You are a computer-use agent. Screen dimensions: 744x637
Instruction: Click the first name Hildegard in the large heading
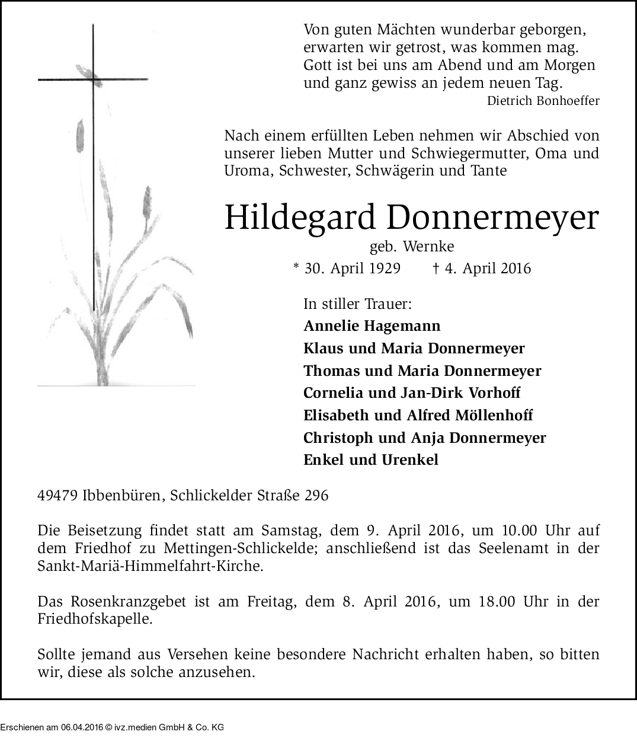300,218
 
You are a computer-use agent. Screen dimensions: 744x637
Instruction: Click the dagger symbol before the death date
436,269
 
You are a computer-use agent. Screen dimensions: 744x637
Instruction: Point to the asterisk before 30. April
296,267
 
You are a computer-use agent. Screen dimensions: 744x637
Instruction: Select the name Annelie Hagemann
372,326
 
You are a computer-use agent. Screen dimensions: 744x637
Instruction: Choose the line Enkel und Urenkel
371,460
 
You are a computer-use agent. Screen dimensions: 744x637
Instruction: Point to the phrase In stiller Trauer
357,304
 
